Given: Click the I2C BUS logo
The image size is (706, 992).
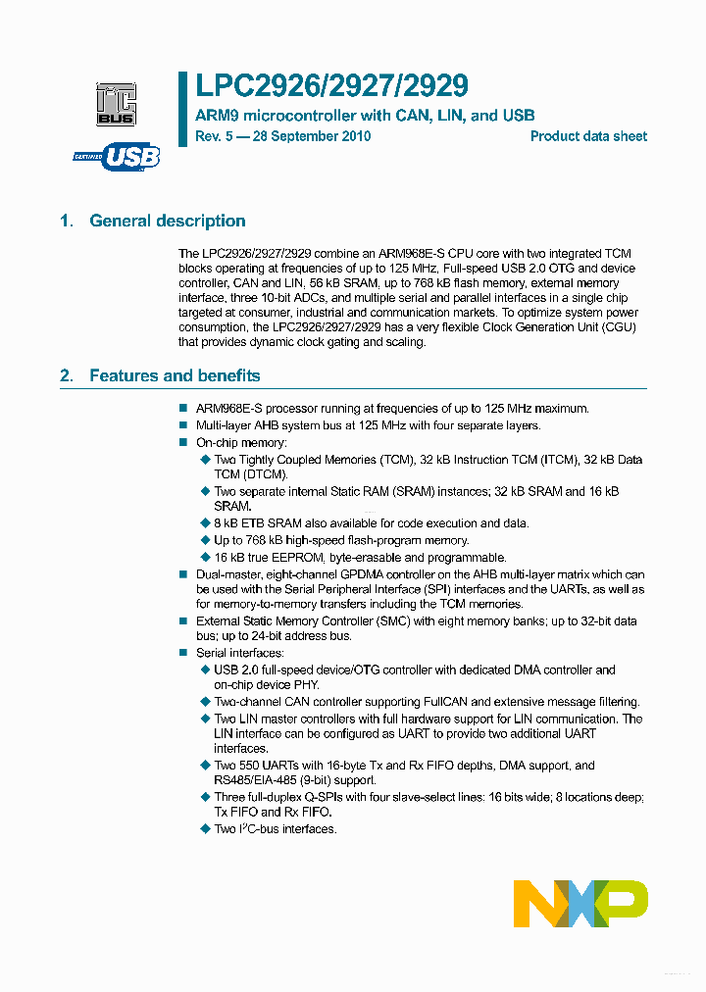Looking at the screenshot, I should [x=117, y=104].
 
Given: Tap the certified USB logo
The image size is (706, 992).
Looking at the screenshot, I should [x=117, y=156].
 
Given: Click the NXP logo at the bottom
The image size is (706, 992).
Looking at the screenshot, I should [x=580, y=903].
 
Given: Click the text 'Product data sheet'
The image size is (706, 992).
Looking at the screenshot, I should [x=588, y=136].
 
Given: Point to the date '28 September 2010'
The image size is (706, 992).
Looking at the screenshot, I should [x=311, y=136].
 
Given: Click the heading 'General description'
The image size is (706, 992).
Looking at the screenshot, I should [x=167, y=221].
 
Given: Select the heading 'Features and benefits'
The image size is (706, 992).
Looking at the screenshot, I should [x=175, y=375].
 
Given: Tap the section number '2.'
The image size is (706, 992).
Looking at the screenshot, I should [x=67, y=375].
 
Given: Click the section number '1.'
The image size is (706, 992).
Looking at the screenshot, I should [x=67, y=221].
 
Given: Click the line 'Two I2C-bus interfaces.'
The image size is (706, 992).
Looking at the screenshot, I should [x=275, y=829].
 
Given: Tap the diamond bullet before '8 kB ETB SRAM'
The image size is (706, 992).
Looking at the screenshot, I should [x=205, y=524].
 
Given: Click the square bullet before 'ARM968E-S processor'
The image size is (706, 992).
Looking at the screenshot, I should [x=182, y=409].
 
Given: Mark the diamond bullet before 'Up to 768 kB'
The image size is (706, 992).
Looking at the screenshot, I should [x=205, y=541].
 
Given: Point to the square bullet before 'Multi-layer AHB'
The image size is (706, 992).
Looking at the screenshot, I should [x=182, y=425].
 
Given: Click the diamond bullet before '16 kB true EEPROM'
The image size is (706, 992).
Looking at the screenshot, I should [x=205, y=557].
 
